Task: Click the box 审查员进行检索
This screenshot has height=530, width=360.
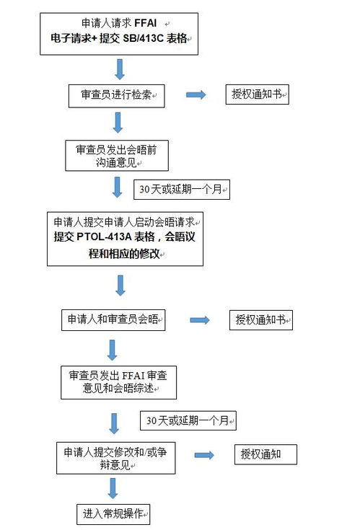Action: tap(117, 96)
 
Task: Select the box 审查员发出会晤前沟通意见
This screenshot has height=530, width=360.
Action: tap(117, 156)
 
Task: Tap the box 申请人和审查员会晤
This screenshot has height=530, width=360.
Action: tap(113, 319)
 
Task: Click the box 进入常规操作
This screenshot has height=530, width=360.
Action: tap(113, 514)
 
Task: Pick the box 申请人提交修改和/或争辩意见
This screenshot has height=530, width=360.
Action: tap(116, 458)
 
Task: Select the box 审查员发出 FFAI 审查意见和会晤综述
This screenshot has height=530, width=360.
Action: tap(118, 382)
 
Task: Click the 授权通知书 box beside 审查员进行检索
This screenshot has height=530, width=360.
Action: tap(258, 94)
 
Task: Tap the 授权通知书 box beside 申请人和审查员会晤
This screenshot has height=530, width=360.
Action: tap(261, 320)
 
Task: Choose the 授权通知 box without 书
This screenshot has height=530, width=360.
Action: tap(265, 454)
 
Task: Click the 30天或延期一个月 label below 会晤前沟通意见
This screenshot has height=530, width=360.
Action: tap(182, 189)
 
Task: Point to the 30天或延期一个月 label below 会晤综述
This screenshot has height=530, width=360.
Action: tap(188, 420)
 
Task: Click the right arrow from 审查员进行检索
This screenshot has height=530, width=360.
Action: tap(196, 94)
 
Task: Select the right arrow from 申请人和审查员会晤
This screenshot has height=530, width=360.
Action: tap(200, 320)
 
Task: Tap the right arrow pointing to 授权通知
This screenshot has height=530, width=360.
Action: tap(204, 455)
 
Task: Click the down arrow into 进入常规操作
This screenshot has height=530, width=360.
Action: tap(113, 488)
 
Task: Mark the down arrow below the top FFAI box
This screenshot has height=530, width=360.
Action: tap(120, 70)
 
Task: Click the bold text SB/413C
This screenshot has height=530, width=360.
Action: tap(144, 38)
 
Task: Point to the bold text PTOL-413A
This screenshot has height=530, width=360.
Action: tap(104, 237)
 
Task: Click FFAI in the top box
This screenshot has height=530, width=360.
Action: tap(146, 23)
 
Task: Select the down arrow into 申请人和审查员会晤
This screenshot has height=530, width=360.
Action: tap(120, 286)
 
